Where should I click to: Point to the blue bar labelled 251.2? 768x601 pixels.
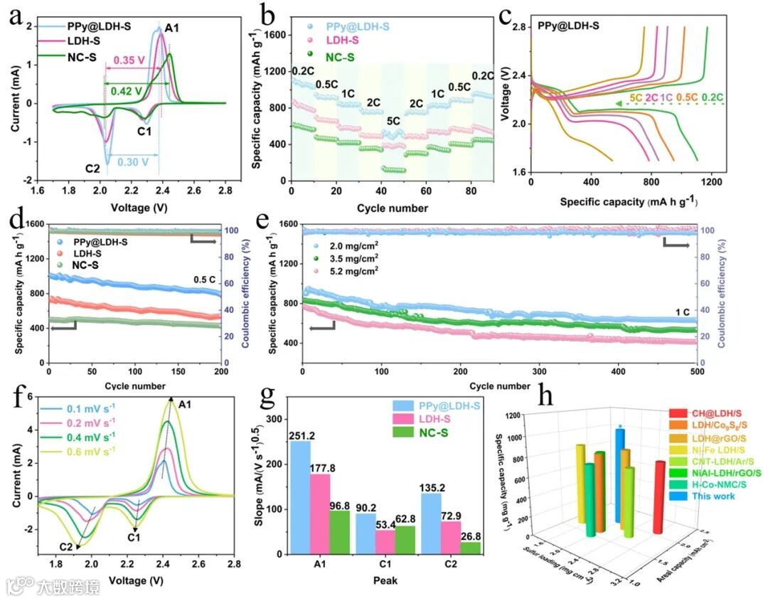(x=300, y=497)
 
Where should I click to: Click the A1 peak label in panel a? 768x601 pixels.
(x=172, y=28)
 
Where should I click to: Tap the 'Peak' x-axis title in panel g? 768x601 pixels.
(x=385, y=580)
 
